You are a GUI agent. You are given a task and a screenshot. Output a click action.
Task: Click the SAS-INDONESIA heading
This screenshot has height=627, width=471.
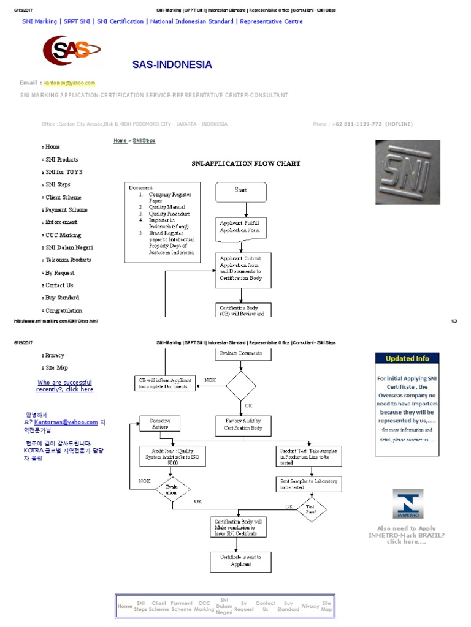(172, 65)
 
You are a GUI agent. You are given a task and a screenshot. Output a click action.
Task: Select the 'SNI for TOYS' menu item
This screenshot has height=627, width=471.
(64, 172)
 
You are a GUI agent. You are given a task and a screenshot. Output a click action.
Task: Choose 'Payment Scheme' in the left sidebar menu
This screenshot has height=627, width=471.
(66, 210)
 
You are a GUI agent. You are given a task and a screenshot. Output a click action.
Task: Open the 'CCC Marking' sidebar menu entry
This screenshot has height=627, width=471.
(63, 235)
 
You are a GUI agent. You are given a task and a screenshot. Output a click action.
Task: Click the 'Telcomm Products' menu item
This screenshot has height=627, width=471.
(68, 260)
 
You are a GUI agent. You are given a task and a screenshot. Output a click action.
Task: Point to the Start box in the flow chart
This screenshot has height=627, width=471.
(241, 192)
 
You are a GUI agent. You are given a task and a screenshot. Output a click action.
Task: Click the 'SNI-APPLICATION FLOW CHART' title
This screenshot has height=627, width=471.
(247, 163)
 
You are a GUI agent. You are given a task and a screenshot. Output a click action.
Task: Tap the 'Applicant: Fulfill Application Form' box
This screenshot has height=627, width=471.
(240, 228)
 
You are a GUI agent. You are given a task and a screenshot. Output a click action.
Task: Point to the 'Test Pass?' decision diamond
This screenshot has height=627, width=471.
(312, 508)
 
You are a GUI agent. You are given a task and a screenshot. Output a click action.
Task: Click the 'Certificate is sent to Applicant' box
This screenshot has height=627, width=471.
(241, 560)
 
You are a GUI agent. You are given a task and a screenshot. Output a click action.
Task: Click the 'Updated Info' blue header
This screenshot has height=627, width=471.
(407, 359)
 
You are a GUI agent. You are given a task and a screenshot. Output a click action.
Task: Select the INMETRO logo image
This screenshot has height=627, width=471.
(407, 505)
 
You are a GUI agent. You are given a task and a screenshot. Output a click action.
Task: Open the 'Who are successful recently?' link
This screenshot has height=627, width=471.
(65, 386)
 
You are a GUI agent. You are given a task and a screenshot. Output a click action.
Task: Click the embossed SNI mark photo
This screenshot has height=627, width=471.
(407, 172)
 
